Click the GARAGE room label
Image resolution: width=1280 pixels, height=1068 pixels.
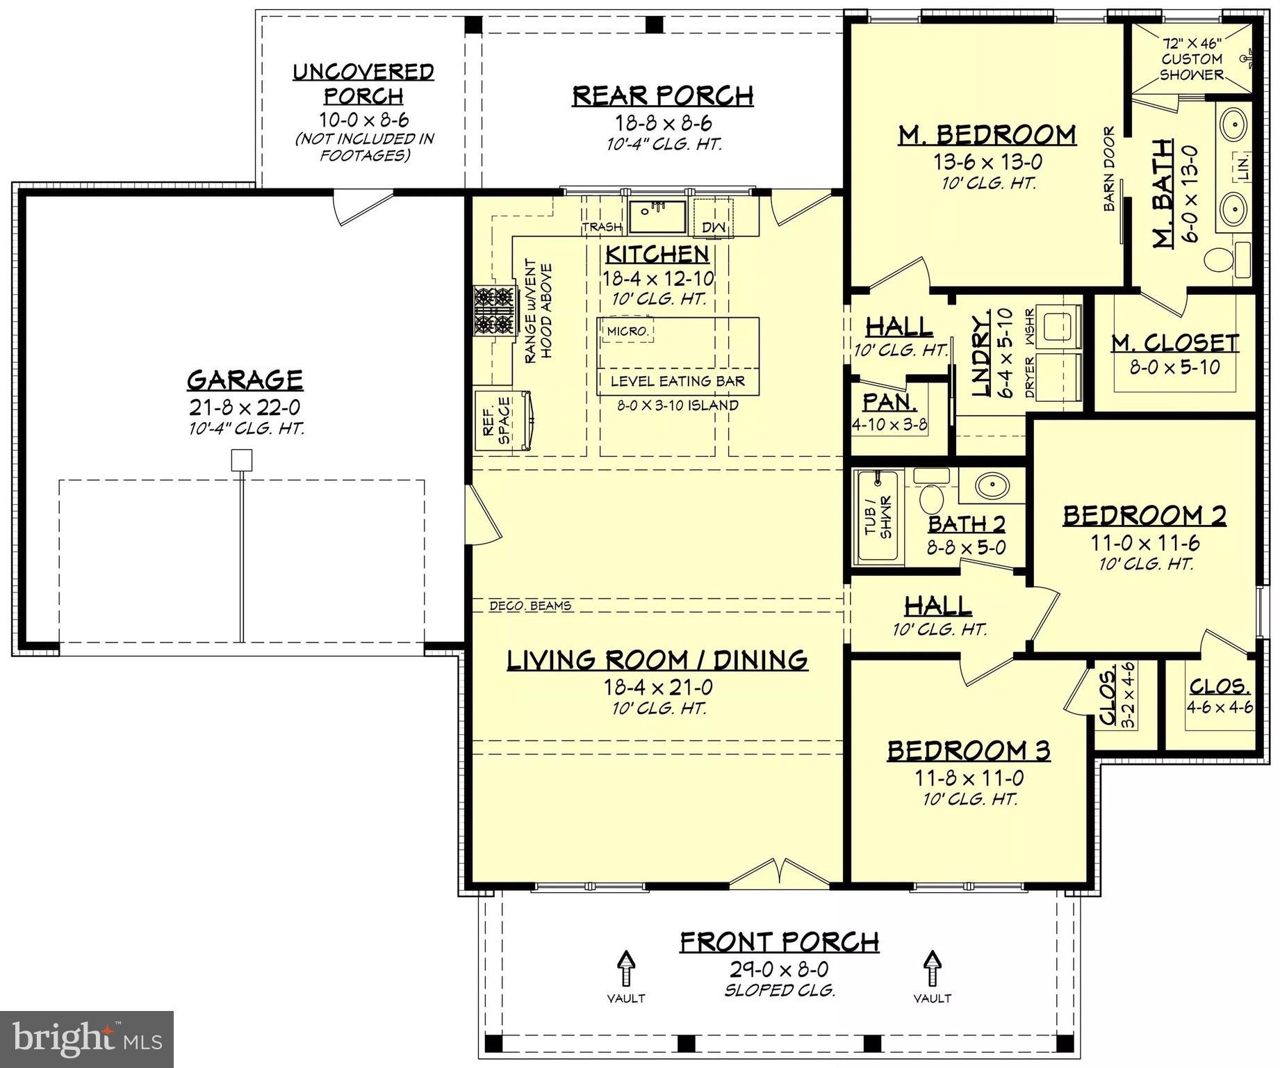pyautogui.click(x=245, y=380)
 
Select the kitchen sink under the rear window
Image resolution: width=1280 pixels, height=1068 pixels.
pyautogui.click(x=657, y=216)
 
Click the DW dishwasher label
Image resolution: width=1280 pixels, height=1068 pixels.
pyautogui.click(x=713, y=227)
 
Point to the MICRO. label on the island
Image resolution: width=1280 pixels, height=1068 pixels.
pyautogui.click(x=627, y=332)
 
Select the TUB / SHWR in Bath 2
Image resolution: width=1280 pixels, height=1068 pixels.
pyautogui.click(x=878, y=517)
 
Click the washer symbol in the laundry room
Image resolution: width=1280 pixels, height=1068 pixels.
pyautogui.click(x=1060, y=324)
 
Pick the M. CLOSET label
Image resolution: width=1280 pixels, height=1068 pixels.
pyautogui.click(x=1174, y=343)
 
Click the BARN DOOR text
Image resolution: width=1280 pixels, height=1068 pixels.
pyautogui.click(x=1109, y=169)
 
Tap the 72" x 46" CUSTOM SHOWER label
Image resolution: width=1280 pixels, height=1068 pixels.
pyautogui.click(x=1191, y=59)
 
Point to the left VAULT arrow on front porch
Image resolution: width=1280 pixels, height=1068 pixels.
pyautogui.click(x=626, y=969)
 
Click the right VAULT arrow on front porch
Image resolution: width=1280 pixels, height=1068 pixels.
pyautogui.click(x=932, y=969)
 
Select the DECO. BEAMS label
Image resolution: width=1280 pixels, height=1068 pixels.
pyautogui.click(x=530, y=606)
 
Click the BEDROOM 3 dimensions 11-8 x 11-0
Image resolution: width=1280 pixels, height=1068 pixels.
pyautogui.click(x=969, y=778)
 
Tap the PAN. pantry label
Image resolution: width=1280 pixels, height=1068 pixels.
pyautogui.click(x=889, y=402)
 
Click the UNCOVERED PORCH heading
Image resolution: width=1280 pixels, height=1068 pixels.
pyautogui.click(x=363, y=83)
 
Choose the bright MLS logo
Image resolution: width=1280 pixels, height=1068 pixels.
pyautogui.click(x=87, y=1039)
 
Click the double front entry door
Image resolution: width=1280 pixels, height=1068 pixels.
pyautogui.click(x=781, y=873)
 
